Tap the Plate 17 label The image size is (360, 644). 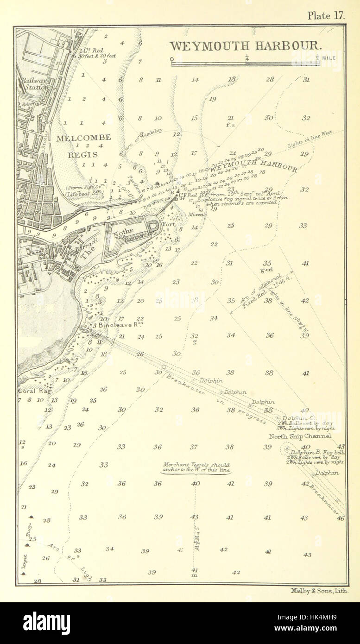click(x=327, y=15)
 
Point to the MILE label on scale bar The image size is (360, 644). click(x=330, y=58)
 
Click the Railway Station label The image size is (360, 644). click(x=34, y=83)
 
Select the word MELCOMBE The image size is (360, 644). click(x=83, y=137)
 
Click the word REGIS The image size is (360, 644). click(x=83, y=154)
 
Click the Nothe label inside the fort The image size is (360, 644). click(x=126, y=230)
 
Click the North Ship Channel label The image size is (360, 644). click(x=300, y=436)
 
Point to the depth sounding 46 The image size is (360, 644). click(x=341, y=518)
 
